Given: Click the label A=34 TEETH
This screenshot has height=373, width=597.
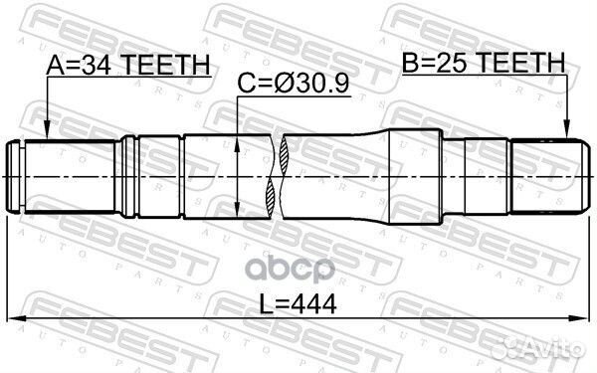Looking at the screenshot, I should click(x=128, y=65).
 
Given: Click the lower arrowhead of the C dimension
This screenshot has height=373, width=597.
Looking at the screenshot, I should click(x=237, y=211).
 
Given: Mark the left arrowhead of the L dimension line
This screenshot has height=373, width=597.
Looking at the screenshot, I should click(x=14, y=320).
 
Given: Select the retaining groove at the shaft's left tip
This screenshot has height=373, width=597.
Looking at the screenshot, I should click(x=21, y=176).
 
